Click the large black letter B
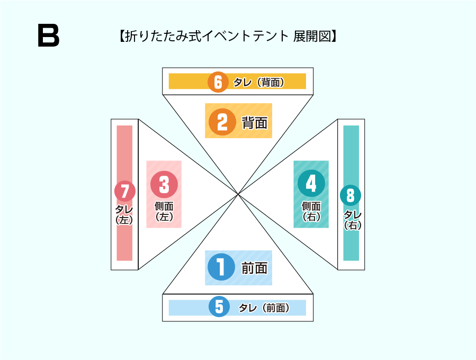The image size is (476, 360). coord(49,36)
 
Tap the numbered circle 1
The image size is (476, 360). coord(221,267)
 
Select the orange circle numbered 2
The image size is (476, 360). coord(222,122)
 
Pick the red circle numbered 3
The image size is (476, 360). coord(164,185)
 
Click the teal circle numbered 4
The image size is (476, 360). coord(311,183)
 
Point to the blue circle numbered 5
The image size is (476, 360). coord(219,307)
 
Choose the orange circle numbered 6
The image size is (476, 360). coord(218,82)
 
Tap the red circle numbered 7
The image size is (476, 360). coord(125,191)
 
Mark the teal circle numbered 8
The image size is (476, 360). coord(350,195)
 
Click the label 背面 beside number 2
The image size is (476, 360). coord(255,123)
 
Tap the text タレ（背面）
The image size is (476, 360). coord(262,82)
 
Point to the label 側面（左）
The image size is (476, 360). coord(164,211)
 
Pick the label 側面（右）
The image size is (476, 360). coord(311,211)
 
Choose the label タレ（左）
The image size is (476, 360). coord(124,214)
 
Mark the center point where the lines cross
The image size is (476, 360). coord(238,194)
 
